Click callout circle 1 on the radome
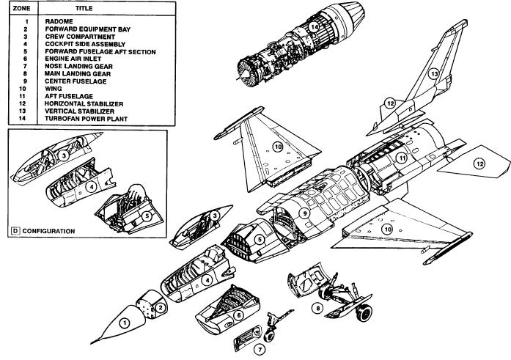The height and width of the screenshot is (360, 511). click(125, 322)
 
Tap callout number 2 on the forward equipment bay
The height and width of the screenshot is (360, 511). click(158, 308)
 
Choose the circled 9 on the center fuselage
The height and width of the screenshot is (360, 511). click(303, 213)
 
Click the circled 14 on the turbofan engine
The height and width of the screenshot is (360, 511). click(313, 28)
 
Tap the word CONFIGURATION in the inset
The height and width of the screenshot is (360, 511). click(48, 231)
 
